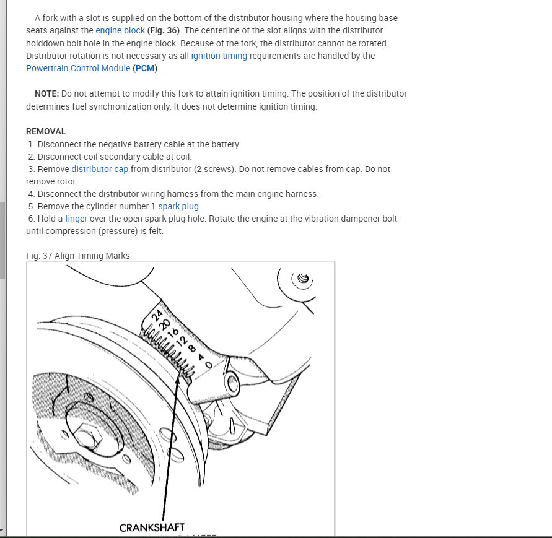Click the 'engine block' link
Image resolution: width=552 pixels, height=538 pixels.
pyautogui.click(x=120, y=30)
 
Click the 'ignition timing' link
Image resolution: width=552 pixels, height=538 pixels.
pyautogui.click(x=219, y=56)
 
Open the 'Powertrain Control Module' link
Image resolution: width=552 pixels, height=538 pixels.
pyautogui.click(x=78, y=68)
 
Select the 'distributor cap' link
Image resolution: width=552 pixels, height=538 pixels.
pyautogui.click(x=100, y=169)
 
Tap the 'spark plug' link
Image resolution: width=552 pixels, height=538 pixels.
pyautogui.click(x=179, y=206)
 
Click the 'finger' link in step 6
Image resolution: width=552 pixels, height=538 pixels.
pyautogui.click(x=76, y=219)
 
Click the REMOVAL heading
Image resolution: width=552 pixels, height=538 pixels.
pyautogui.click(x=46, y=131)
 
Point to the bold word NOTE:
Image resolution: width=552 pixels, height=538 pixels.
pyautogui.click(x=46, y=93)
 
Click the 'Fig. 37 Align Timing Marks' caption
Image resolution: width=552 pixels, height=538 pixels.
pyautogui.click(x=78, y=256)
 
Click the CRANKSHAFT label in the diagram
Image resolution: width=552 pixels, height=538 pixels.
pyautogui.click(x=152, y=527)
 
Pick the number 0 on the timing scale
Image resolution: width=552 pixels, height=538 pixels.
pyautogui.click(x=208, y=365)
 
